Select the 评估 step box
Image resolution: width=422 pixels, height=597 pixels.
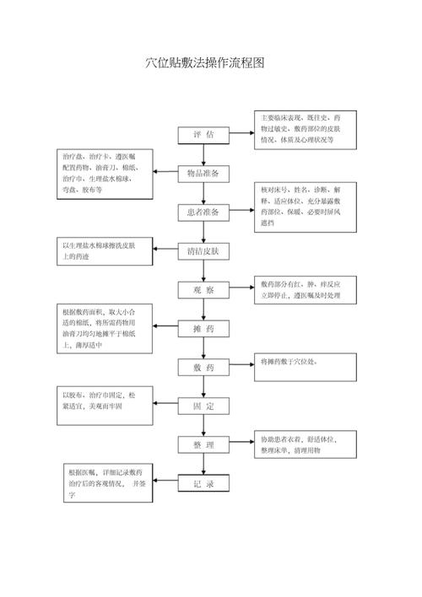[x=203, y=135]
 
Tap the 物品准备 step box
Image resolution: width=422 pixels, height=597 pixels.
[x=203, y=174]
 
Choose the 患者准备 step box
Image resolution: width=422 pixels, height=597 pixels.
[x=203, y=212]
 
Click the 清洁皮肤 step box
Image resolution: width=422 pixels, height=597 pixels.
[x=203, y=251]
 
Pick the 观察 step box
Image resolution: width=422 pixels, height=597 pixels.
[x=203, y=290]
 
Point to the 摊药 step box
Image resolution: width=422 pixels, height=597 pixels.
[x=203, y=329]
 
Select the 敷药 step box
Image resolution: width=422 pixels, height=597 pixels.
[x=203, y=368]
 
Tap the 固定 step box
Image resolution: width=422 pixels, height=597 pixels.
[x=203, y=406]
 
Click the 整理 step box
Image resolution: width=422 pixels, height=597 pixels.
[x=203, y=444]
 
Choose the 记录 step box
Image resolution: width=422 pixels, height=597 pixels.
[x=203, y=484]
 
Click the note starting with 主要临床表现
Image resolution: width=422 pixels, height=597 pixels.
[x=306, y=130]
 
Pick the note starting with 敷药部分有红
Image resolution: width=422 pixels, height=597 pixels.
[x=306, y=291]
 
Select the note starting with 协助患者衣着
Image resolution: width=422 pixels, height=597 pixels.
[x=306, y=445]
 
